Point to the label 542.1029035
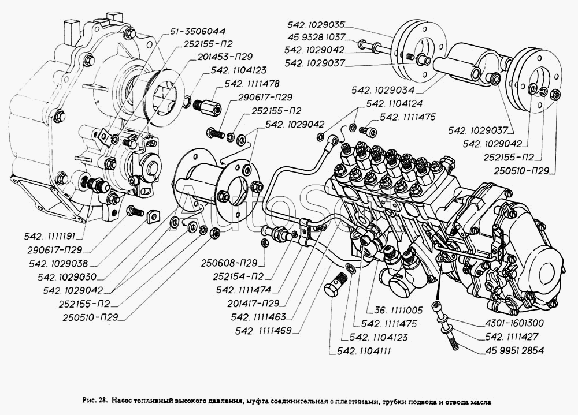(315, 24)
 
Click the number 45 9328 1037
(316, 37)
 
